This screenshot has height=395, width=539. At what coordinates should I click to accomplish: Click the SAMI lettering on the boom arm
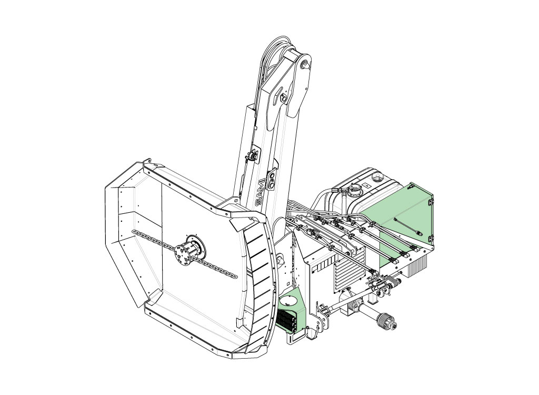click(261, 193)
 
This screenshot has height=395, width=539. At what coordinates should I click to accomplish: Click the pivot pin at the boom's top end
click(304, 65)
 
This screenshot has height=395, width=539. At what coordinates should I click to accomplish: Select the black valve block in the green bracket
click(286, 320)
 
